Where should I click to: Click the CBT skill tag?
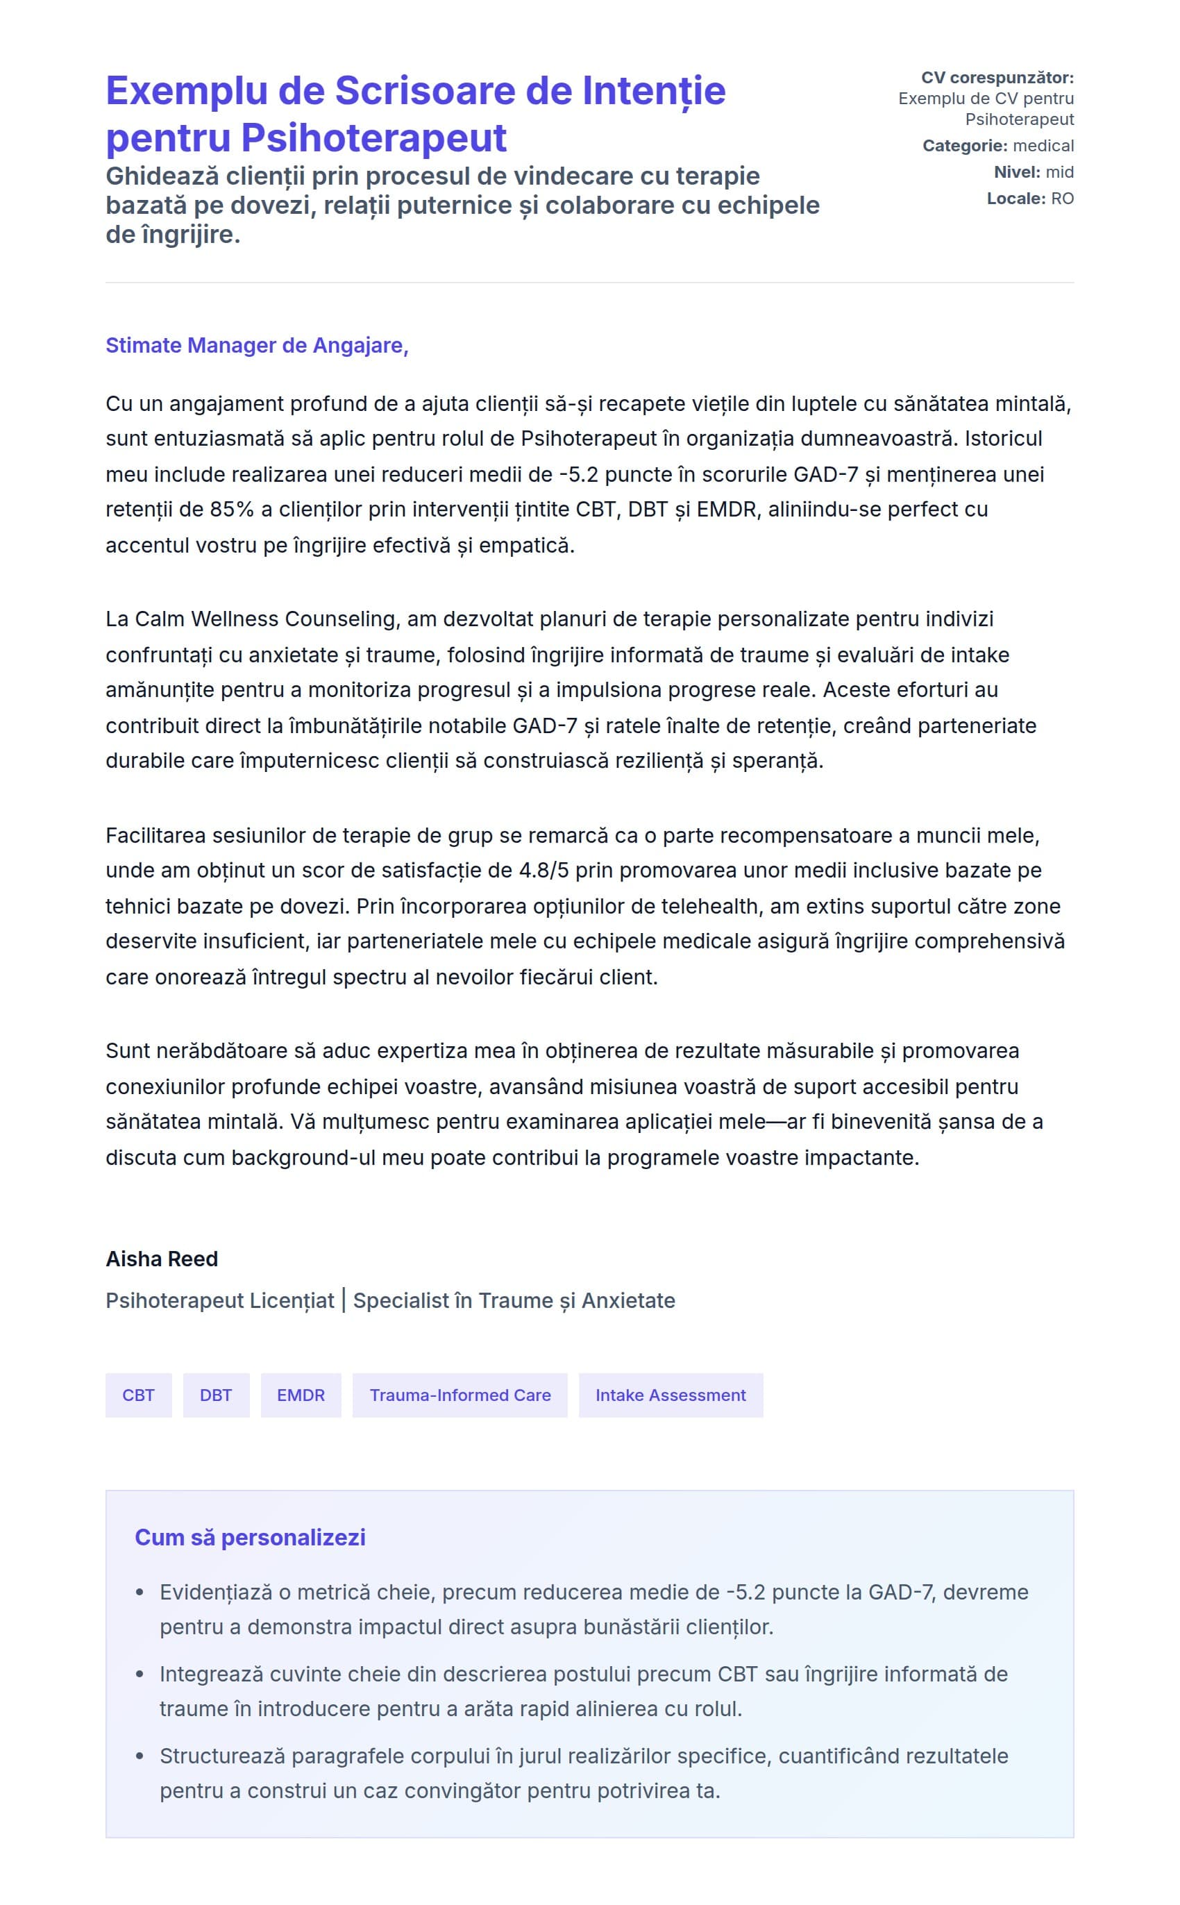(x=138, y=1395)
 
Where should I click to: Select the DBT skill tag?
(x=215, y=1395)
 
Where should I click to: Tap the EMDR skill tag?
(x=301, y=1395)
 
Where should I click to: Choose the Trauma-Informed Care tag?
(x=460, y=1395)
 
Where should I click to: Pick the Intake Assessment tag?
(x=671, y=1395)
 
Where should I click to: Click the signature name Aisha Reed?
(x=162, y=1258)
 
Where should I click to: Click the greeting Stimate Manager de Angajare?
(x=257, y=345)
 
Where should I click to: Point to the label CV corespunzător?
(x=997, y=77)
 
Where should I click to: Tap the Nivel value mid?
(x=1059, y=171)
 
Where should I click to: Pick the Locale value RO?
(x=1062, y=199)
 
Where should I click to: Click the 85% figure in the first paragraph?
(x=232, y=510)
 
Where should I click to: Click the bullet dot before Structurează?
(x=140, y=1756)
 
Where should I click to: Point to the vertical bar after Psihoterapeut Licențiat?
(x=344, y=1300)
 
